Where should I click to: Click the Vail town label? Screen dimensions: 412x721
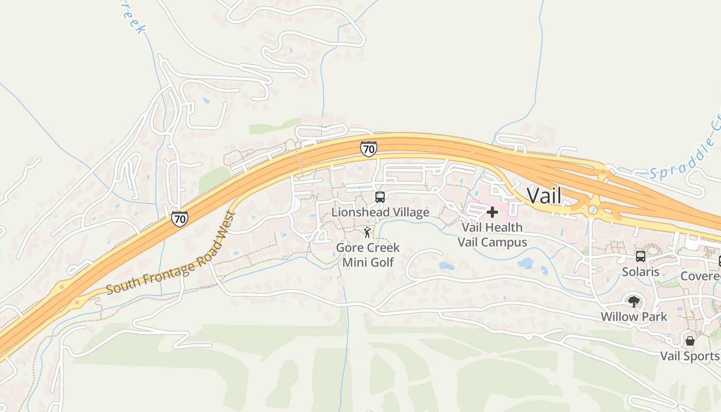click(544, 196)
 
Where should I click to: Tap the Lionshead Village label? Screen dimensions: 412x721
click(380, 212)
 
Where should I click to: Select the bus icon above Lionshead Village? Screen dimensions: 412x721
click(380, 197)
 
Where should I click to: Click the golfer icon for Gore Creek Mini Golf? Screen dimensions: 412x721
click(367, 233)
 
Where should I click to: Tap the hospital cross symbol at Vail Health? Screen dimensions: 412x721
click(492, 212)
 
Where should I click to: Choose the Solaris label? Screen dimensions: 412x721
click(640, 272)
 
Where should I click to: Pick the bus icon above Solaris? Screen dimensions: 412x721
click(640, 256)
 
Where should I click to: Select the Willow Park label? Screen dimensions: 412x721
click(634, 317)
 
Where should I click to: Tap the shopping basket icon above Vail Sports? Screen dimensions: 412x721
click(690, 341)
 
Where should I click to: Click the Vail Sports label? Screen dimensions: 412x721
click(690, 356)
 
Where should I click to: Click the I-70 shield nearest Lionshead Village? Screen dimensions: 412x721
click(368, 149)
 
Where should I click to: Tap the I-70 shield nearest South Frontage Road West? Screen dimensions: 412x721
click(180, 219)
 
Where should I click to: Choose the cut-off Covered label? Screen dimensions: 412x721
click(700, 277)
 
